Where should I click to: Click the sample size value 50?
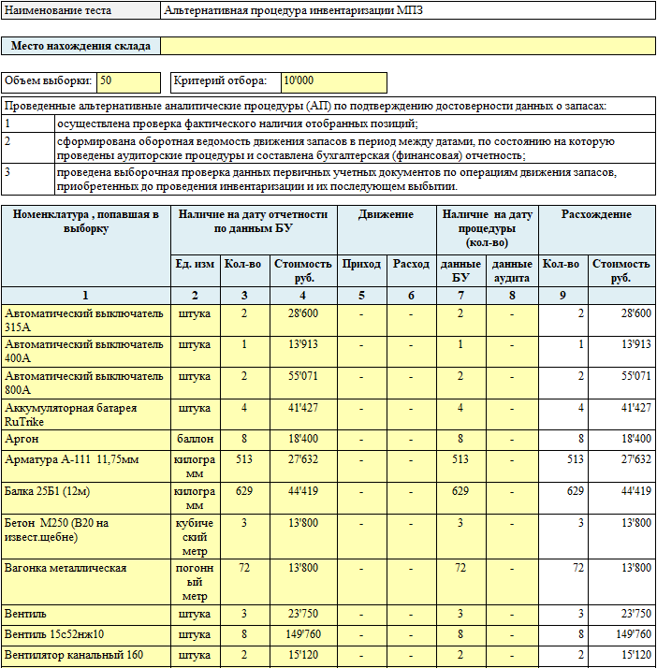click(106, 81)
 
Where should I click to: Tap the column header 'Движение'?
click(386, 215)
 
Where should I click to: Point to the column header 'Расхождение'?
click(596, 215)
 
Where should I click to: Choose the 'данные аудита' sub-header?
click(513, 270)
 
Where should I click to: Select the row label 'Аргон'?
click(22, 439)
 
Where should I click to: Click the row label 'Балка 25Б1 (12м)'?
click(48, 491)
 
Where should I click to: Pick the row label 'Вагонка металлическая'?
click(66, 568)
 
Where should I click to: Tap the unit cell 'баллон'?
click(194, 439)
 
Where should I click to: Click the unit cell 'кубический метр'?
click(194, 536)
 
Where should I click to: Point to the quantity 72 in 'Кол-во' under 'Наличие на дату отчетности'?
click(243, 568)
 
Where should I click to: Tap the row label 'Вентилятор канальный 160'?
click(74, 655)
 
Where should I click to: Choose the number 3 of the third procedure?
click(7, 172)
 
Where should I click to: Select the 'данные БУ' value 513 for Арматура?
click(460, 459)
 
